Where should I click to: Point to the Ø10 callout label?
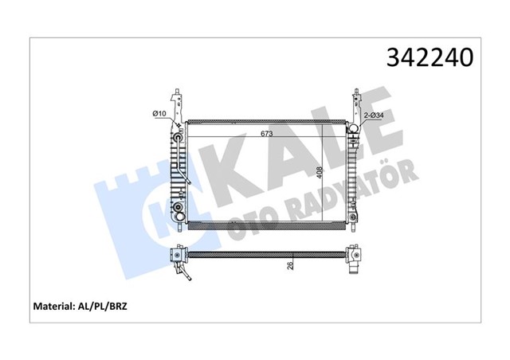159,115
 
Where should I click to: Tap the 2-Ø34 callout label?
375,115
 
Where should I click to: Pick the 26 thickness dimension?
292,264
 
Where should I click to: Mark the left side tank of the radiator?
178,175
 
